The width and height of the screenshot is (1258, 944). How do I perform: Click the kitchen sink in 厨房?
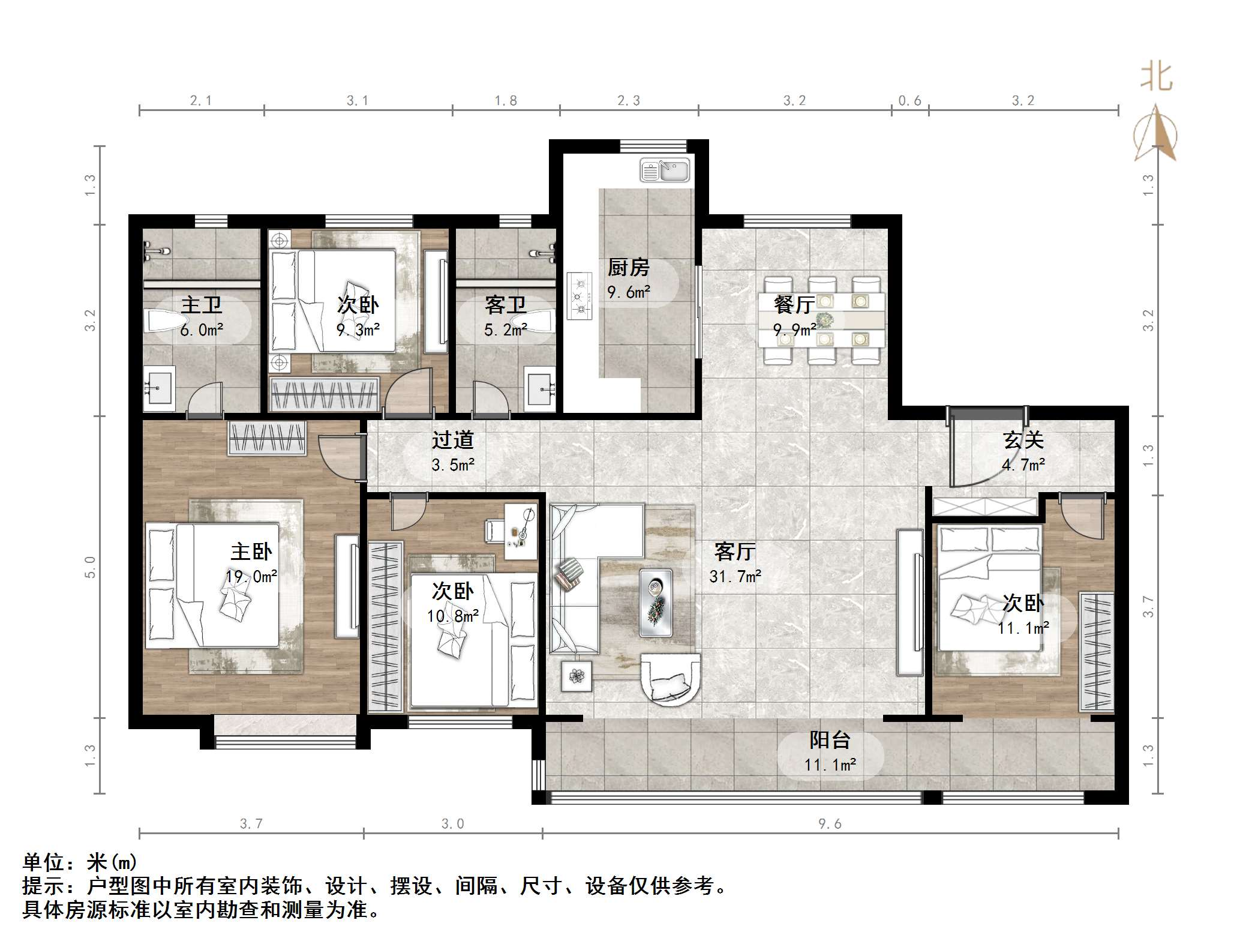click(665, 170)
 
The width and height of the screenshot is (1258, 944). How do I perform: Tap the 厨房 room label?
click(628, 267)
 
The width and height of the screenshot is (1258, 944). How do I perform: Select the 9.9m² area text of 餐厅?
click(794, 330)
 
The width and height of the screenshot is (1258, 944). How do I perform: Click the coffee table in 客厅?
click(655, 602)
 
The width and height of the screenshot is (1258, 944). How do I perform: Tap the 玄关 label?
click(1023, 440)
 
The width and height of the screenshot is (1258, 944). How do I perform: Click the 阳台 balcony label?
click(830, 740)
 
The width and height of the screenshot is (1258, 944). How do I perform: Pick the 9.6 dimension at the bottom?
click(830, 824)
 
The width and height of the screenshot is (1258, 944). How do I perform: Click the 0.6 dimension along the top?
click(909, 101)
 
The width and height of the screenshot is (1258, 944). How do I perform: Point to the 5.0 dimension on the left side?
click(90, 567)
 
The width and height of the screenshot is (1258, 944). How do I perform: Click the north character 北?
click(1156, 79)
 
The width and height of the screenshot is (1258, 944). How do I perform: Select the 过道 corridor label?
click(453, 440)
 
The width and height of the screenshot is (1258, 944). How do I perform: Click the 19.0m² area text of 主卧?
click(251, 577)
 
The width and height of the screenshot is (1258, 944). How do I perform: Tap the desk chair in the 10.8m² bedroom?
click(494, 531)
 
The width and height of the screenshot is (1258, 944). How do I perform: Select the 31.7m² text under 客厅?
click(735, 577)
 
